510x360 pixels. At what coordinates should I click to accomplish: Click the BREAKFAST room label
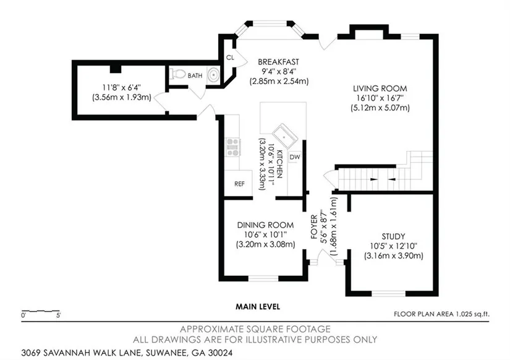278,62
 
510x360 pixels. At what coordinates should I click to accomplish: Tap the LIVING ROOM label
380,88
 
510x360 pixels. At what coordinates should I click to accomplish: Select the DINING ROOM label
265,225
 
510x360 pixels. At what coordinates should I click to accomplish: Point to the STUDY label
393,237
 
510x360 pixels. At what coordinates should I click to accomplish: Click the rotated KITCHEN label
279,165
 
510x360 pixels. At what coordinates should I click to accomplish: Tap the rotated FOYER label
314,227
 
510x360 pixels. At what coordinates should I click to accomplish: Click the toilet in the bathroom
177,74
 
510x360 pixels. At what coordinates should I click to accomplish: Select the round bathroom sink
213,75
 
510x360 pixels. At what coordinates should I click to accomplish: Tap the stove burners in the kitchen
233,147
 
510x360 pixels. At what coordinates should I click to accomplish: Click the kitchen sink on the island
284,135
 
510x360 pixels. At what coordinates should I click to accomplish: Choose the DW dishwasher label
295,157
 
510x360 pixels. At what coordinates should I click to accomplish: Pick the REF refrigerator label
239,184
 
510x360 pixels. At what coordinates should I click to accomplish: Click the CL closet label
230,58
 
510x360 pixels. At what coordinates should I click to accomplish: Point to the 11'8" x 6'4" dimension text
122,88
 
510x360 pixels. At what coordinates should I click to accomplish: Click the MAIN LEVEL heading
258,307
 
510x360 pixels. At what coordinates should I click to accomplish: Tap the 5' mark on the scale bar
59,315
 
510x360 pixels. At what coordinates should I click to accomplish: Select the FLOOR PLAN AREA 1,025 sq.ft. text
441,314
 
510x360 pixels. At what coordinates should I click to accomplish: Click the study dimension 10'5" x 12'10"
394,246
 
